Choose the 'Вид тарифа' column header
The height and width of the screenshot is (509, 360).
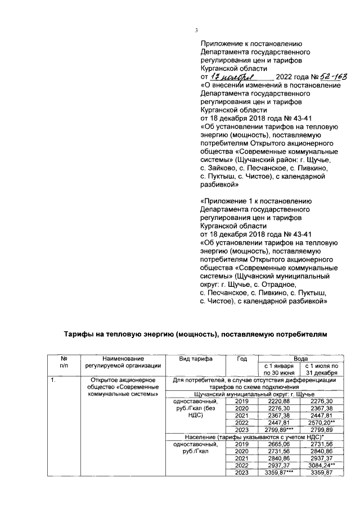tap(195, 358)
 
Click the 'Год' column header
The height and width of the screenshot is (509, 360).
tap(242, 358)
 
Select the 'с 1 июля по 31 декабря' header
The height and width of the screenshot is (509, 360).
tap(322, 370)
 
